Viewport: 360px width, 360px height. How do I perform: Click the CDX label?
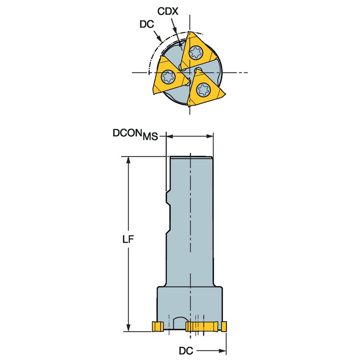[169, 11]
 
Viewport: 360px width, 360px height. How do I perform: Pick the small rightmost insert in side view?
[224, 326]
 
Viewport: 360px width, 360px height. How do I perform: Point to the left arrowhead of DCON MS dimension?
[169, 136]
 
